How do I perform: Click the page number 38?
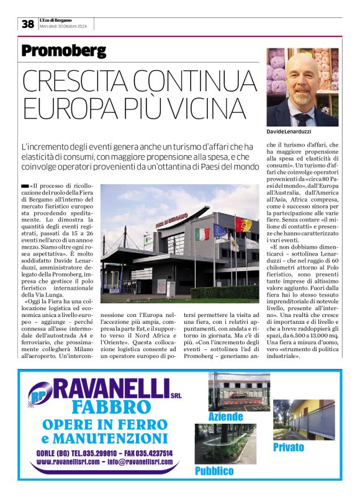tap(28, 24)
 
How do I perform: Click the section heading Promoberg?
tap(63, 51)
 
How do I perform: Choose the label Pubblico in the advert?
tap(214, 471)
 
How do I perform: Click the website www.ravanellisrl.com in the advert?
tap(65, 462)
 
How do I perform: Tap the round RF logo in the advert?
tap(40, 394)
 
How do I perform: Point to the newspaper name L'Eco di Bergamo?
tap(56, 20)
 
